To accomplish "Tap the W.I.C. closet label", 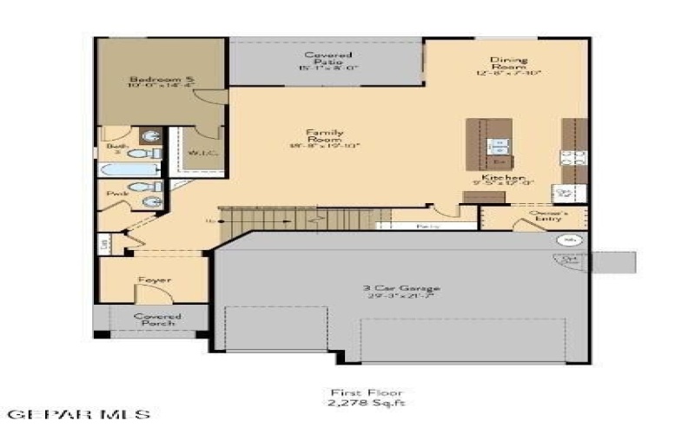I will pos(199,154).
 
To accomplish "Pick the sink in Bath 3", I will pos(152,136).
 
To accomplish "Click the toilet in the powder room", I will pos(138,187).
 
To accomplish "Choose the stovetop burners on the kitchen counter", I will pos(573,158).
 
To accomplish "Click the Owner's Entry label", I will pos(549,217).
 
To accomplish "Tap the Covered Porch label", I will pos(156,320).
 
